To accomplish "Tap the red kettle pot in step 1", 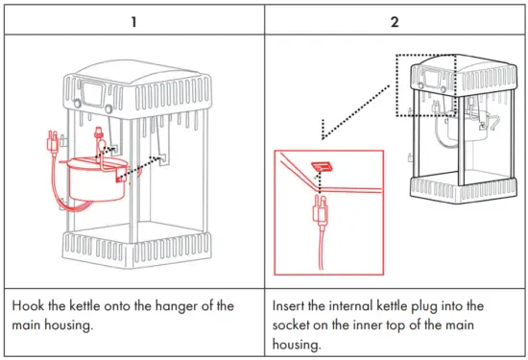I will (91, 179).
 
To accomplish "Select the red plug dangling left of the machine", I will (47, 147).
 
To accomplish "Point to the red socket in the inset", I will (324, 166).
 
